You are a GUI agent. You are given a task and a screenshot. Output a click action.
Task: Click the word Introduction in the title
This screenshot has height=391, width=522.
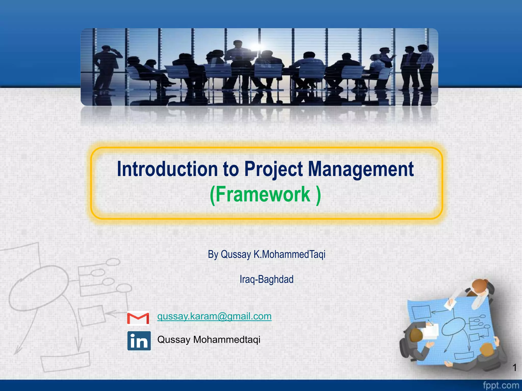coord(167,169)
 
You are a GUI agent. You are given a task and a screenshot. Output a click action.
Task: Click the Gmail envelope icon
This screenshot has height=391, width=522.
coord(138,318)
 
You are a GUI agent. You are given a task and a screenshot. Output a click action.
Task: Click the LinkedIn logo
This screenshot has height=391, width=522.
coord(139,341)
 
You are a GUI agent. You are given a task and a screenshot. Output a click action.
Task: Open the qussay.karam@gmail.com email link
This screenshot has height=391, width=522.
coord(214,316)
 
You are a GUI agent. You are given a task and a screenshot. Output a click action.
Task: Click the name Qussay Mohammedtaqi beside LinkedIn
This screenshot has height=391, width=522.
coord(209,340)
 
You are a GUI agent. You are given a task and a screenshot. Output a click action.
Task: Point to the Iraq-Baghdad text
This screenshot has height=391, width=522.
coord(266,279)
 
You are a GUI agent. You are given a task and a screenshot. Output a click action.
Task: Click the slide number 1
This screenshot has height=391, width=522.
coord(514,368)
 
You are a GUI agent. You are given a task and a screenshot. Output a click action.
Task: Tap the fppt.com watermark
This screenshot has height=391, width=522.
coord(501,385)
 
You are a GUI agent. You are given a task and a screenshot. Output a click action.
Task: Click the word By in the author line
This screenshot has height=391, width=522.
coord(213,254)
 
